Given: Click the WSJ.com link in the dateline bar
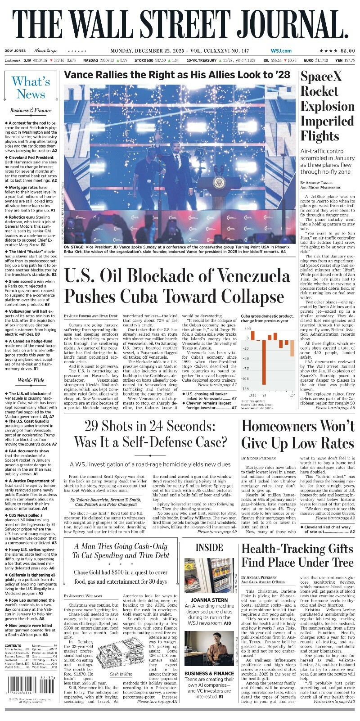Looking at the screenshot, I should click(x=281, y=51).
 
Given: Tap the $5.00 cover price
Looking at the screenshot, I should click(x=345, y=51).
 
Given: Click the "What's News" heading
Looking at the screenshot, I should click(x=31, y=88).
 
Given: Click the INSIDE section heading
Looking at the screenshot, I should click(x=209, y=547).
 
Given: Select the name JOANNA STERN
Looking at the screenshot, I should click(x=209, y=600).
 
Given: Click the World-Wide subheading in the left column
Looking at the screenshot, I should click(x=31, y=380).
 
